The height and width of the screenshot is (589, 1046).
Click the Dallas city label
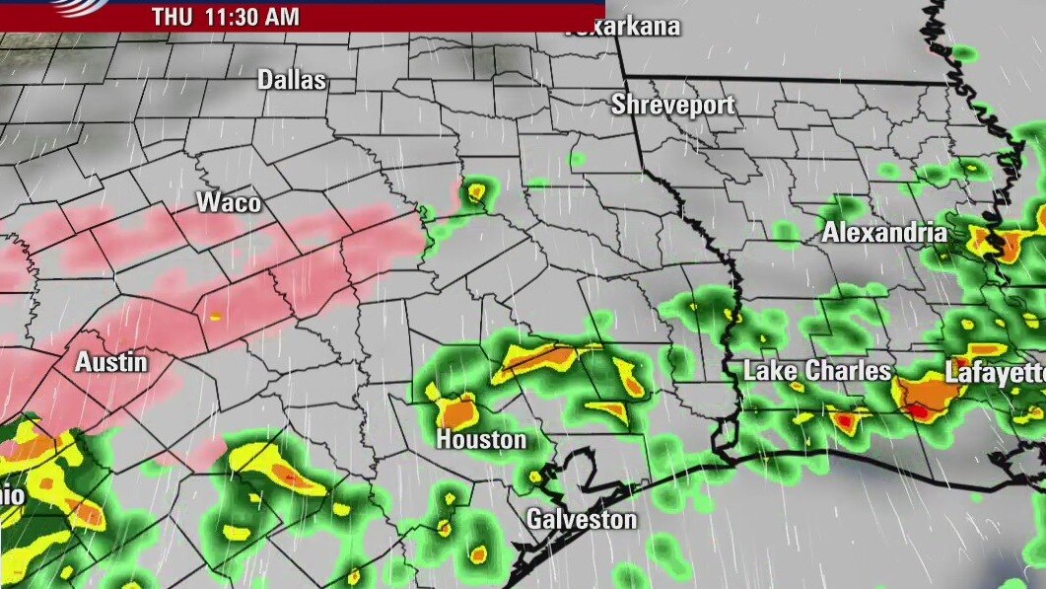[x=292, y=80]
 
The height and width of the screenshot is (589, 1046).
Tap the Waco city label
[x=229, y=203]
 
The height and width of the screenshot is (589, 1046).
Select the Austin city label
[x=111, y=362]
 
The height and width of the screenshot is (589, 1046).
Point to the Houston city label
[x=481, y=439]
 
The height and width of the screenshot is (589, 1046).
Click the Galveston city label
[x=581, y=519]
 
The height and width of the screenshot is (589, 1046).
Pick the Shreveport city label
[x=673, y=104]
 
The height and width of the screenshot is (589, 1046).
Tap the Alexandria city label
[x=884, y=234]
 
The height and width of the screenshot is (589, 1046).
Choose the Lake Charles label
[x=817, y=371]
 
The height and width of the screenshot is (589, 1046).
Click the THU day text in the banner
[x=171, y=17]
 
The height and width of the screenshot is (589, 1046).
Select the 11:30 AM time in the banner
[x=250, y=17]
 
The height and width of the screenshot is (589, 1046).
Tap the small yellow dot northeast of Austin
[x=215, y=317]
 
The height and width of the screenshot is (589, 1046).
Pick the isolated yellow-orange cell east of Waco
[x=477, y=190]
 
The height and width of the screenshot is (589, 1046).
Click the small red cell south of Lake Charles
[x=844, y=421]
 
